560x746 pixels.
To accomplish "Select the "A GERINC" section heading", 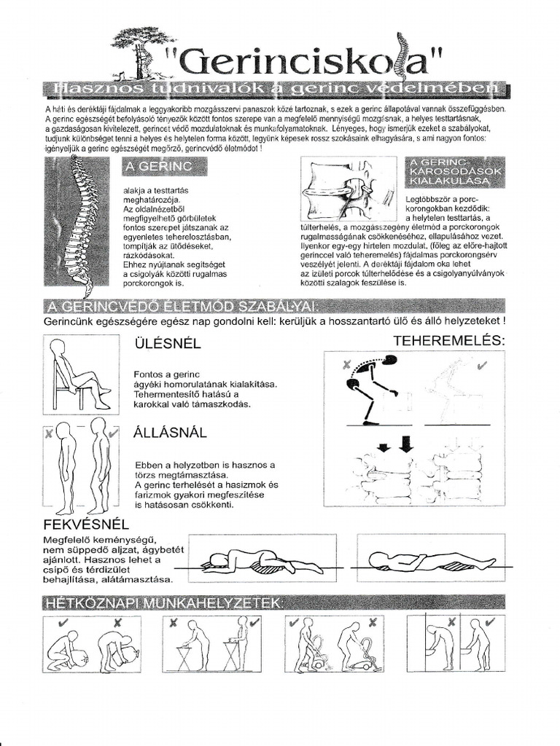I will coord(164,167).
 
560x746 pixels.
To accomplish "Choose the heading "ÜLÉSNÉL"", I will coord(167,342).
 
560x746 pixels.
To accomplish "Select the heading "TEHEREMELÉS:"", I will coord(449,340).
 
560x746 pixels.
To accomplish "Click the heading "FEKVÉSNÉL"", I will coord(87,524).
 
